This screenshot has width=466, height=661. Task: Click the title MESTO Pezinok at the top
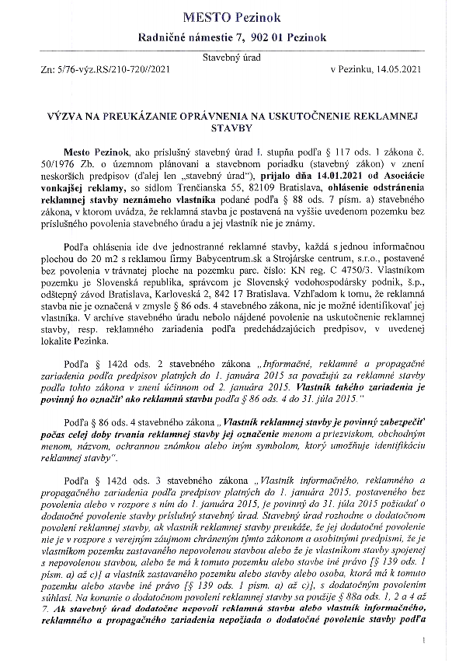point(232,16)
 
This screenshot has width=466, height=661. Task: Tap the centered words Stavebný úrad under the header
point(233,58)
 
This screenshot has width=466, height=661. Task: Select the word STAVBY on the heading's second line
point(232,127)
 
